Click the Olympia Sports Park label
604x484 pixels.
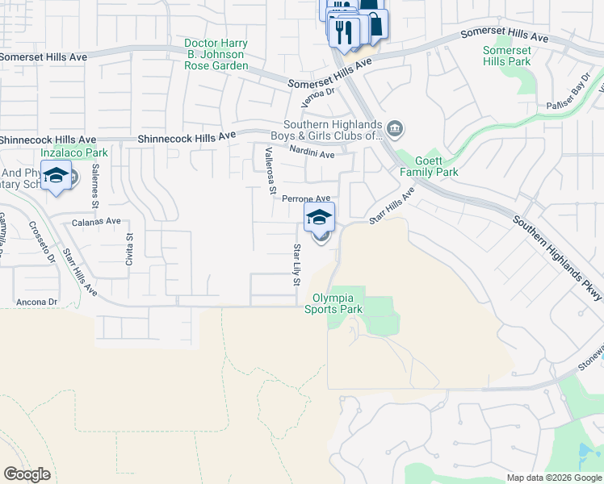333,303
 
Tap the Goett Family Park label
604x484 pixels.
429,167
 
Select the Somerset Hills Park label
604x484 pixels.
506,56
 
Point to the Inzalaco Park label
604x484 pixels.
74,152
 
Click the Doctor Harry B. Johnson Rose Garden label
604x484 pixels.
214,54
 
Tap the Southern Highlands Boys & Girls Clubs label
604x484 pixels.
326,131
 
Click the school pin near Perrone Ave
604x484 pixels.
319,217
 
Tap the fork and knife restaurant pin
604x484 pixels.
342,32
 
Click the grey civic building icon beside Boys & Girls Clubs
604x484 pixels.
395,128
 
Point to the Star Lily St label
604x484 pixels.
296,265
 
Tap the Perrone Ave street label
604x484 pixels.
306,198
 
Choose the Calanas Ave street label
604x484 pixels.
96,221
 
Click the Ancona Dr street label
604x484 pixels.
36,302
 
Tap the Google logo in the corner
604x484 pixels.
27,474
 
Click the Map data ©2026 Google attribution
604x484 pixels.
553,478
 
